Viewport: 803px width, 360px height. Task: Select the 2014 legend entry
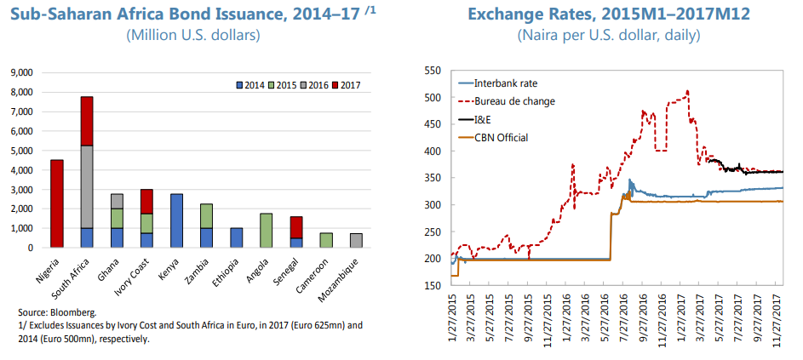(x=250, y=83)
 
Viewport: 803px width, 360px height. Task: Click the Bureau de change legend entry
(x=512, y=101)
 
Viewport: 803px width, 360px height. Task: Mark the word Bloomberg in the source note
(x=74, y=313)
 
